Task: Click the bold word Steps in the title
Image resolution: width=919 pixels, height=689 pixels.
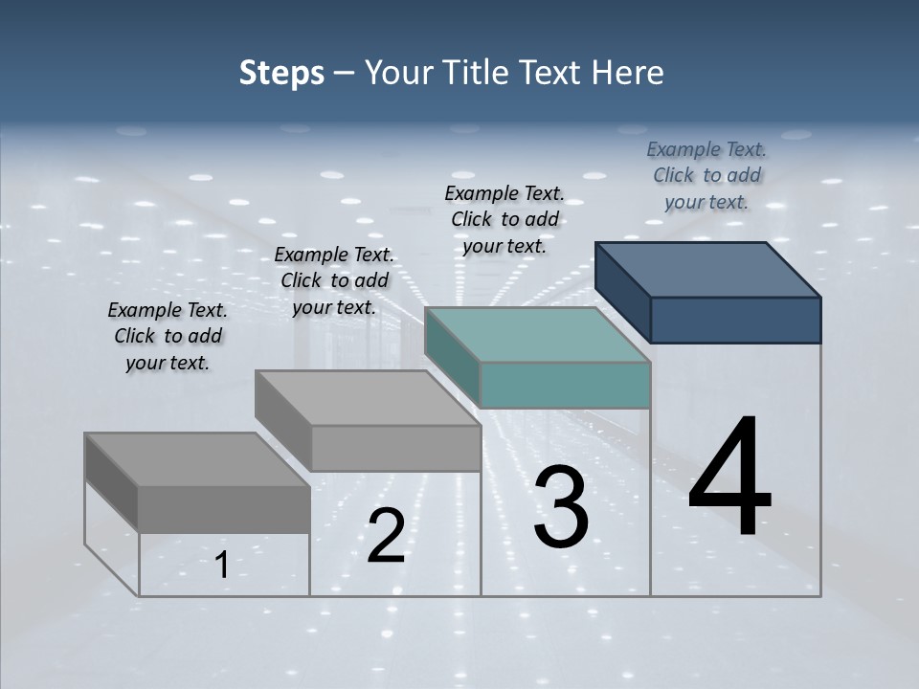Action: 281,73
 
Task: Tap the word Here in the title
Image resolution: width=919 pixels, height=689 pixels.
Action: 627,73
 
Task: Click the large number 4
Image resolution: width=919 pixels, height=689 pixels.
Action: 729,478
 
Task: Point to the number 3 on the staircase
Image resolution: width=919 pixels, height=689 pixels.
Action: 561,507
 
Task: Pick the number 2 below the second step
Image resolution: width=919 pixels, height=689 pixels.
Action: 386,536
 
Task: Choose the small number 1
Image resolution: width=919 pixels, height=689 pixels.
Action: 222,566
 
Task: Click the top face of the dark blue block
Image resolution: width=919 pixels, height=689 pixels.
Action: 708,269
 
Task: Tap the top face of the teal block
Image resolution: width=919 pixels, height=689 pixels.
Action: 538,335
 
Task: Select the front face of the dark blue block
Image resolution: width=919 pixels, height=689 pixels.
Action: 735,320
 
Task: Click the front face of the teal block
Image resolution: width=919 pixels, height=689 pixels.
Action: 565,385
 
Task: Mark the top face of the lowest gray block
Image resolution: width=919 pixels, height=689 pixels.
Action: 197,459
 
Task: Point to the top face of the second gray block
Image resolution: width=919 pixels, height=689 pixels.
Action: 368,398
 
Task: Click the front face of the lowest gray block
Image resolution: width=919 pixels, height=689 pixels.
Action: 224,509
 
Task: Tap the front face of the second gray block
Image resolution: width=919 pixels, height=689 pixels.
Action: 395,448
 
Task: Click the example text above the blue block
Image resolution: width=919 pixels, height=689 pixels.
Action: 706,175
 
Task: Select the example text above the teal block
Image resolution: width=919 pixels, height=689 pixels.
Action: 504,219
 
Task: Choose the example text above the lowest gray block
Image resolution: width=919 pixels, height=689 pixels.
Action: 168,336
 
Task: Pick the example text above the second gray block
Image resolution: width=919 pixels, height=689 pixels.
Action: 334,280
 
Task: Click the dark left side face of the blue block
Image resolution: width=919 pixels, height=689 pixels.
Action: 622,291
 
